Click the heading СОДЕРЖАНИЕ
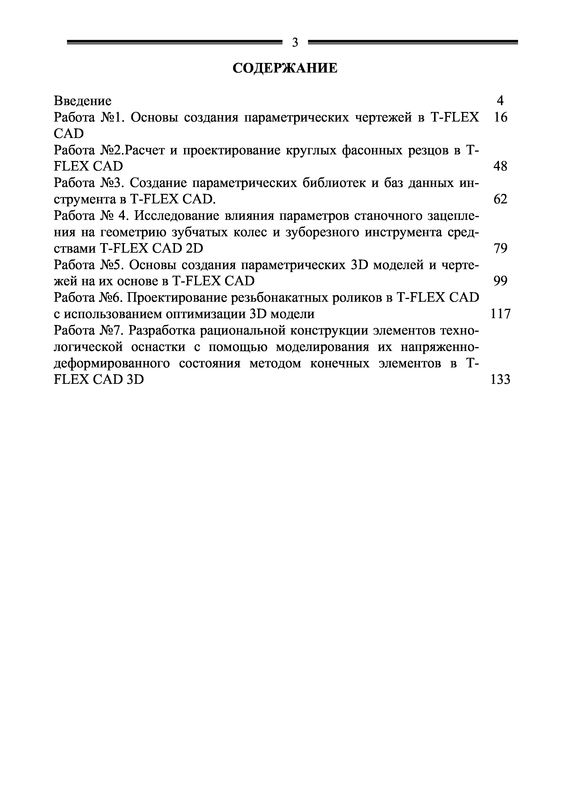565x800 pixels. point(285,68)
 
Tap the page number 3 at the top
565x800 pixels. point(295,42)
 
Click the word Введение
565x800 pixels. point(83,101)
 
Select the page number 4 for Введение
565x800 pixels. point(500,101)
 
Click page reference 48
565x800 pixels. point(500,166)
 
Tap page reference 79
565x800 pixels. point(500,248)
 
